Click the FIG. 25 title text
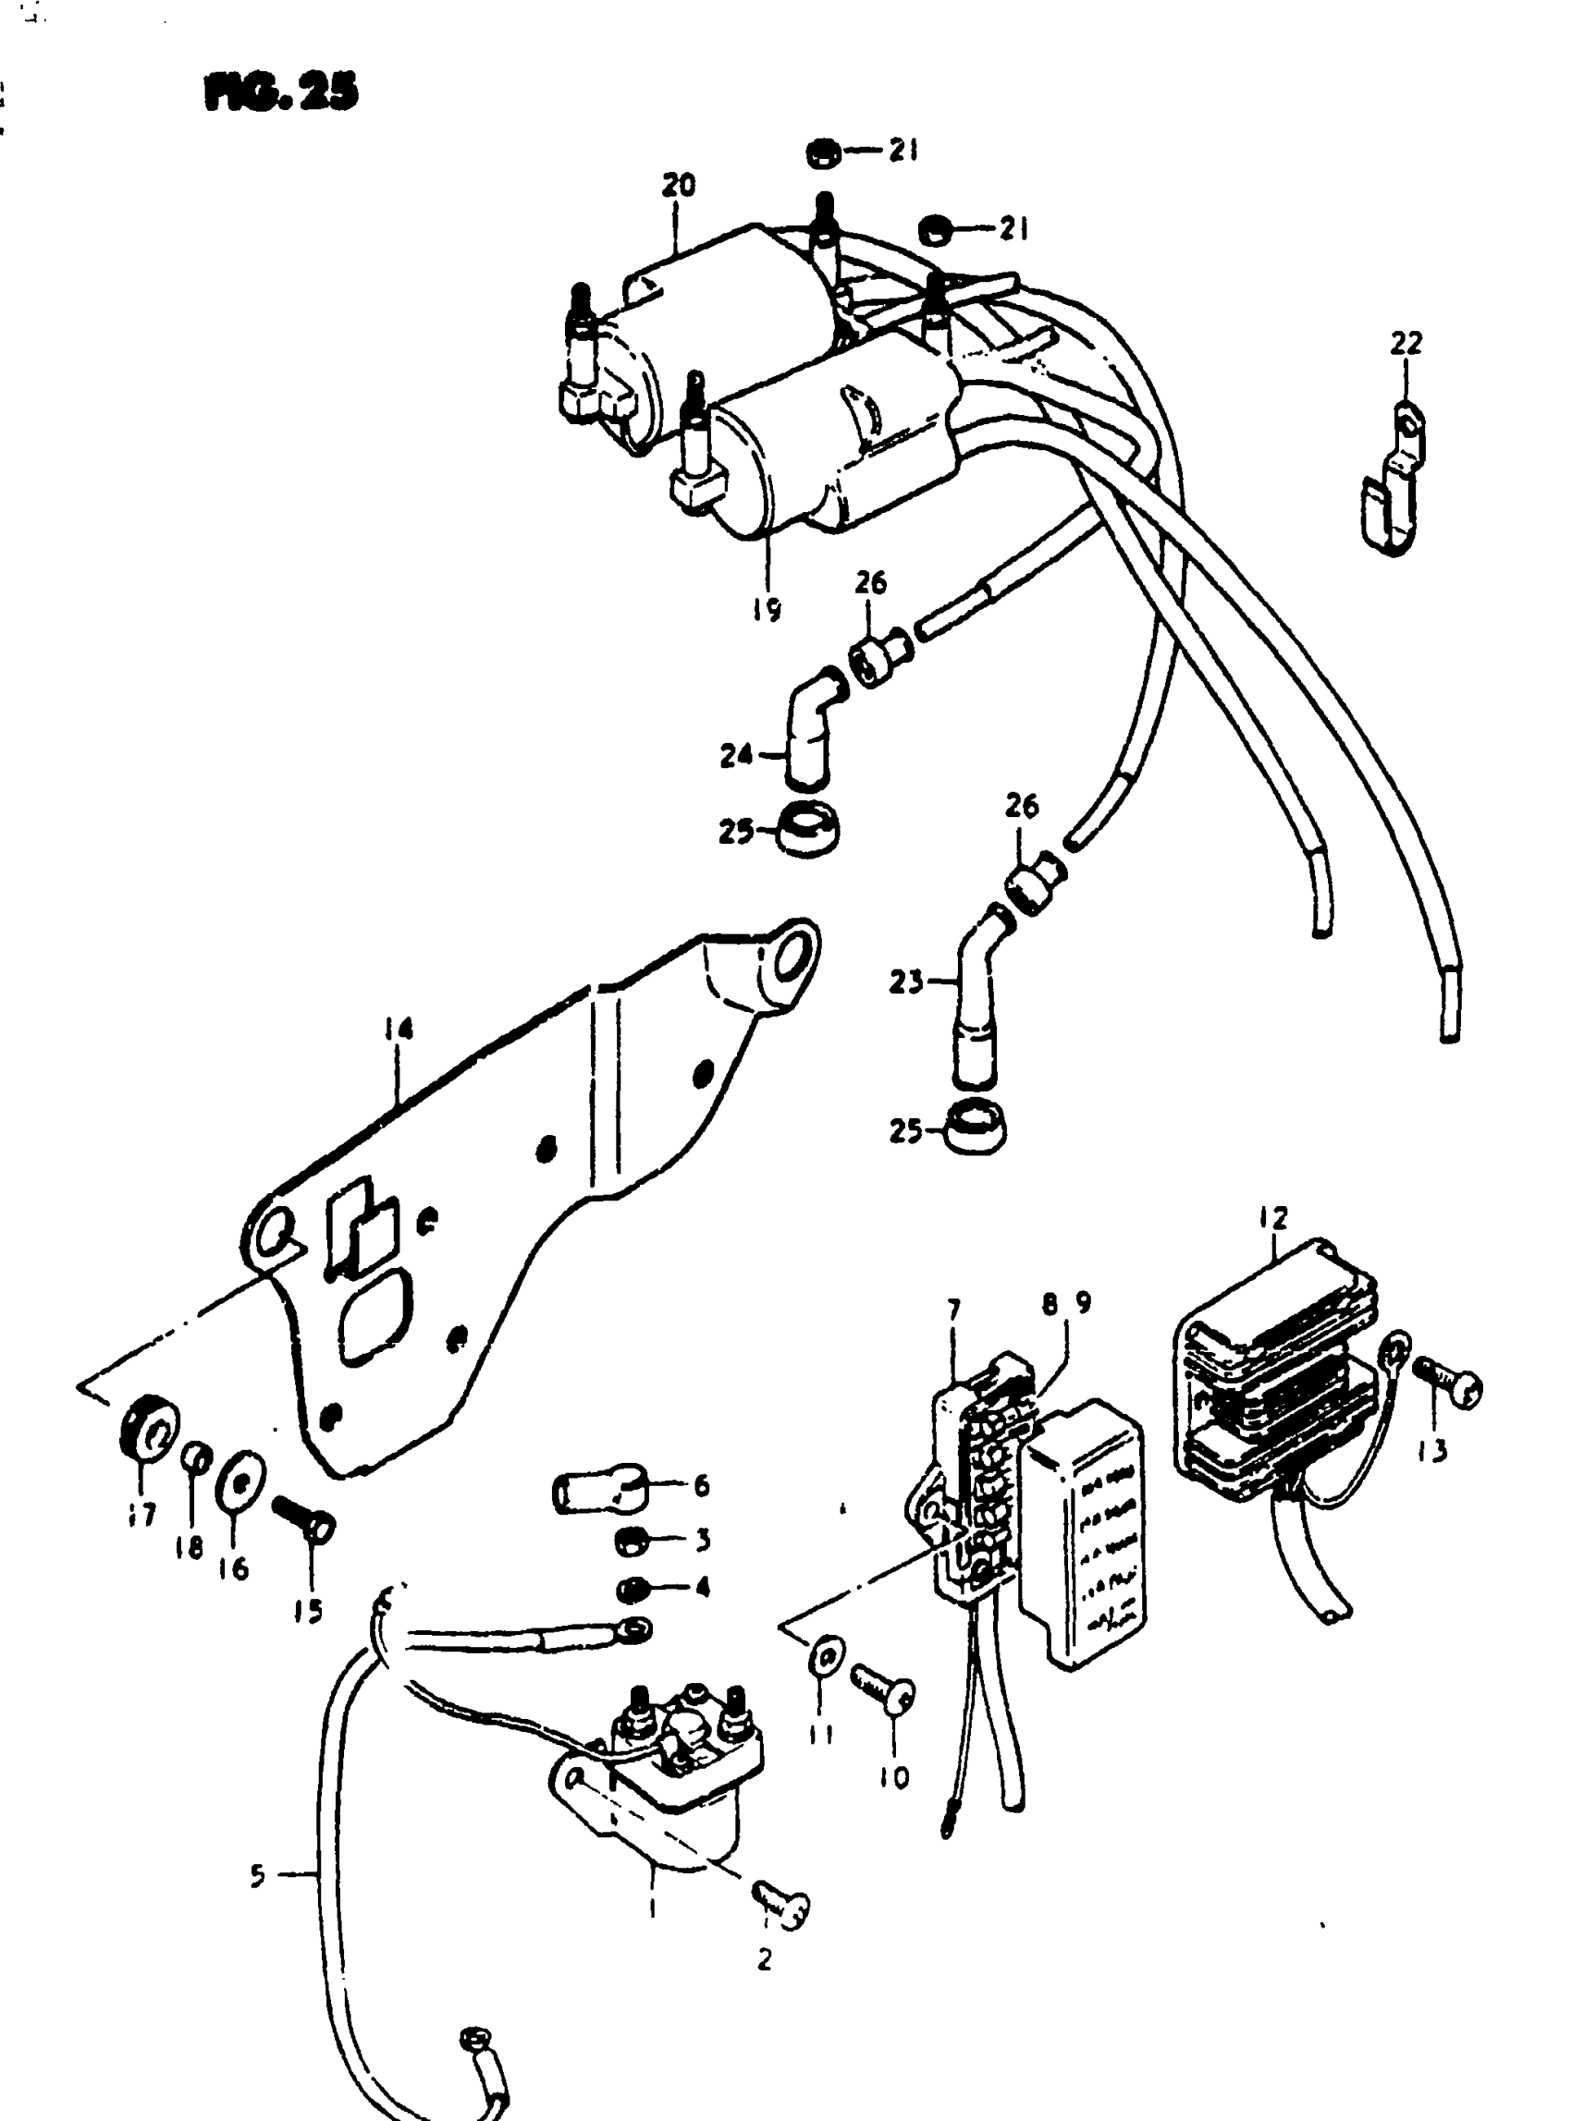point(281,93)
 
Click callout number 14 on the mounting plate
point(399,1030)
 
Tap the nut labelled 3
point(629,1539)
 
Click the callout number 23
point(905,981)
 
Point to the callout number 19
point(766,607)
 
